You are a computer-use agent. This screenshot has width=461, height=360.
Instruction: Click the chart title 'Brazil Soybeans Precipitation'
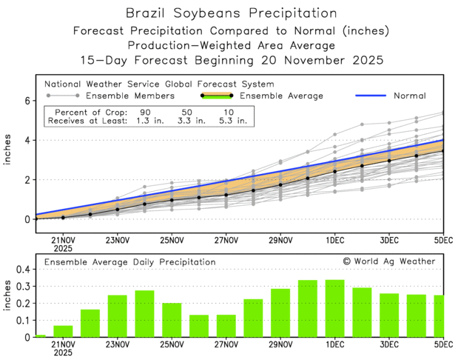231,13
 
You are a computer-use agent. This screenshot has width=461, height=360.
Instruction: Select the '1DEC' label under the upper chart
334,240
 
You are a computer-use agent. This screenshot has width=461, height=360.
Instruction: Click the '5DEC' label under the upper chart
443,240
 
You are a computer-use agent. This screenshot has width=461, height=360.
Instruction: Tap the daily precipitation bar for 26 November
199,327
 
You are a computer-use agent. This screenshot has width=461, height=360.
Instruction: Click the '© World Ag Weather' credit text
389,261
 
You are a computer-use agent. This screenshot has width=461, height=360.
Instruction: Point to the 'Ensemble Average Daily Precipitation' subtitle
129,262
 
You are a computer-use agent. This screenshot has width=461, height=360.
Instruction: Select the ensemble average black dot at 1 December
334,171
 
